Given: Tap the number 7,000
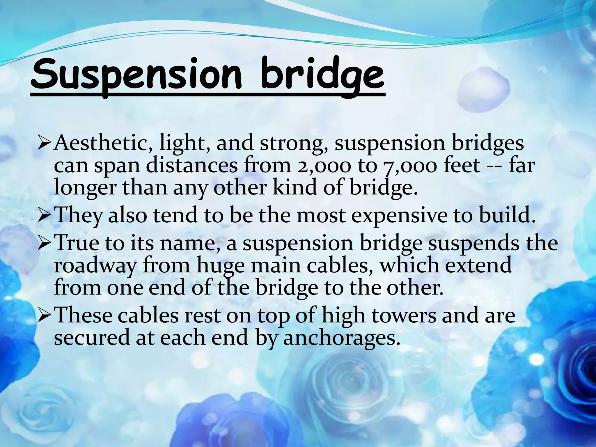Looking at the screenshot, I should click(x=410, y=166).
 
